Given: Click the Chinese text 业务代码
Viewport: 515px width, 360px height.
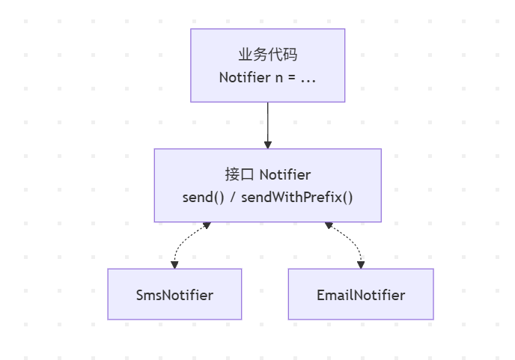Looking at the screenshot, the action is tap(268, 55).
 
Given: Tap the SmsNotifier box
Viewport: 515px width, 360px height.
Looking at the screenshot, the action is tap(174, 294).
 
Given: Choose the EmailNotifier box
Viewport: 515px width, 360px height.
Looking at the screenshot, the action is tap(361, 294).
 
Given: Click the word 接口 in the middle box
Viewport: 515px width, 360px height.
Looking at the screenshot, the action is tap(240, 174).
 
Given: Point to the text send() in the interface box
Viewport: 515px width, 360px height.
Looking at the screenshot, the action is tap(204, 198).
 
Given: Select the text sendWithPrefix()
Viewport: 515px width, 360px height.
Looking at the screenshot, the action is tap(297, 198).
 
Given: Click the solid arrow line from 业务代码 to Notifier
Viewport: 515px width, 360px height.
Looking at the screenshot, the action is tap(268, 125).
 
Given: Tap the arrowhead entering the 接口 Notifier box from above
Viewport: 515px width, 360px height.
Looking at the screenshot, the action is tap(268, 145).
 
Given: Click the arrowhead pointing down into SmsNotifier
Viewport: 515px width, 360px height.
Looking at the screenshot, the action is tap(174, 265).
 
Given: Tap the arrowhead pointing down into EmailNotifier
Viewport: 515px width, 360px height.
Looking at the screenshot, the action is tap(361, 265).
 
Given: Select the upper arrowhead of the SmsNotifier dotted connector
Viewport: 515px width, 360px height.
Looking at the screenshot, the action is tap(207, 225).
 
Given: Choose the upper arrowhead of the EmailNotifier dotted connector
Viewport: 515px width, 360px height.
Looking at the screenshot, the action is tap(329, 225).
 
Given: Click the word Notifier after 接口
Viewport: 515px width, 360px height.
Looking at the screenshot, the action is tap(285, 174).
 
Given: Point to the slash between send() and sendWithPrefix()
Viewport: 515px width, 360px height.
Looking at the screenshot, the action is tap(233, 198).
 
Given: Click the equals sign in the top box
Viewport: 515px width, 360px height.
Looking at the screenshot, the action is tap(292, 78).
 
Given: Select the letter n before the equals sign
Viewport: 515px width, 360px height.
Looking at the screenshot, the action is tap(279, 79).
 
